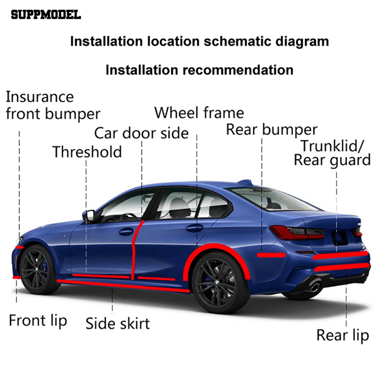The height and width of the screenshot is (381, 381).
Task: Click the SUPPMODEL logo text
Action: tap(46, 15)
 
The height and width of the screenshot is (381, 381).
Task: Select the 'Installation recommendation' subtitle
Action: tap(199, 70)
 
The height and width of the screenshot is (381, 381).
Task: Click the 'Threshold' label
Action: tap(87, 152)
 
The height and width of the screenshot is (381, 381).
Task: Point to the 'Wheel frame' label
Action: tap(199, 112)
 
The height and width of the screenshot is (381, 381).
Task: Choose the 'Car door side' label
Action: tap(141, 133)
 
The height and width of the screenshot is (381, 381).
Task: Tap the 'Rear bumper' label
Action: tap(272, 130)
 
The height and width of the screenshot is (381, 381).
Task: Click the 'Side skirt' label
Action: tap(118, 323)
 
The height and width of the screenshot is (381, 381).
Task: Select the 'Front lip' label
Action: tap(38, 320)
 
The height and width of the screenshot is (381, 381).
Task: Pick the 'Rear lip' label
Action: tap(343, 335)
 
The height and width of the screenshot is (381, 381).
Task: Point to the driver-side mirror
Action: tap(89, 215)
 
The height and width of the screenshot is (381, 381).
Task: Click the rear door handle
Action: tap(195, 228)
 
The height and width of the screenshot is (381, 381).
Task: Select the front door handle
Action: tap(126, 231)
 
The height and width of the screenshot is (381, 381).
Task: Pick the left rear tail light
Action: tap(297, 233)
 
